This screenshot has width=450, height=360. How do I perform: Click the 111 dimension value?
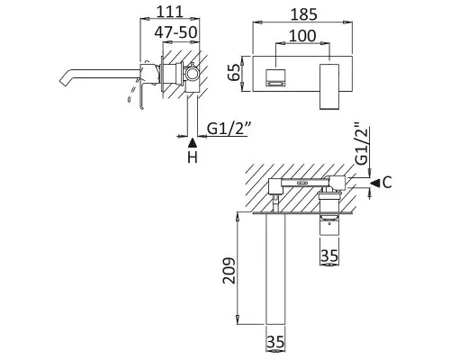click(x=170, y=12)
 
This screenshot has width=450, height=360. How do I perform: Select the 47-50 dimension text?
click(x=175, y=32)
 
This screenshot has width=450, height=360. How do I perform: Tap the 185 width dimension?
click(x=303, y=14)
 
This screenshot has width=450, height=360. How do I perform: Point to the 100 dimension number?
click(x=302, y=36)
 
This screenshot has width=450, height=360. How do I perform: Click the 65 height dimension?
click(x=234, y=72)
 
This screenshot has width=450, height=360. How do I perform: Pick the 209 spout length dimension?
click(x=229, y=270)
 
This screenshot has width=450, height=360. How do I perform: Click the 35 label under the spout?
click(x=275, y=342)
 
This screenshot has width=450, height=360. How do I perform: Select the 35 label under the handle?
click(x=329, y=256)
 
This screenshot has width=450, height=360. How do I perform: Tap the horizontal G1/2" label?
click(x=228, y=129)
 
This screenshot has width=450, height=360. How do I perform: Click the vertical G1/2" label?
click(x=361, y=143)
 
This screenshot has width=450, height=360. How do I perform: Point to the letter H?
click(x=193, y=157)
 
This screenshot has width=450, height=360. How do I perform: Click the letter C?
click(x=387, y=182)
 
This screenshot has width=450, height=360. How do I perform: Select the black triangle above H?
click(x=193, y=143)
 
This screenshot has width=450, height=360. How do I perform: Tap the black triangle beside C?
click(x=374, y=182)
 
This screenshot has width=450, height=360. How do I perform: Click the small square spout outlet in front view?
click(x=275, y=77)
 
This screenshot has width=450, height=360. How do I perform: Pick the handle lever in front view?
click(x=329, y=86)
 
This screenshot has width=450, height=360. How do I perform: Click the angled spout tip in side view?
click(x=65, y=79)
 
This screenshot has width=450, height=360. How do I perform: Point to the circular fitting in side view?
click(x=192, y=73)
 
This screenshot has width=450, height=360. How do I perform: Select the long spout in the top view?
click(x=275, y=268)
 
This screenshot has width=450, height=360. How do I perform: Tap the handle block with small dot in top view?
click(x=329, y=226)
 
